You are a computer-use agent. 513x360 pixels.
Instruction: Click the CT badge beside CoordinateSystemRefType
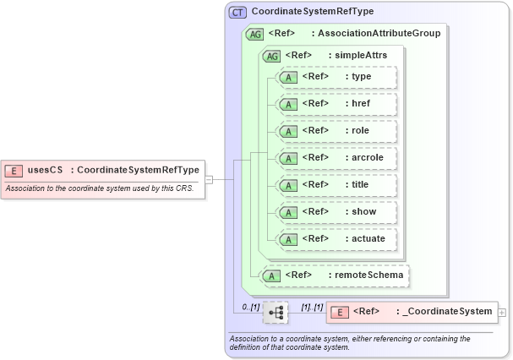tap(238, 12)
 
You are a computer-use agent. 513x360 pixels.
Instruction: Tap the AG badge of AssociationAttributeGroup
tap(254, 34)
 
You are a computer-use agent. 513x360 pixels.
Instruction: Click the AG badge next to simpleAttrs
tap(272, 56)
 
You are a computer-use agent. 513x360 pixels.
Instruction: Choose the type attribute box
tap(336, 77)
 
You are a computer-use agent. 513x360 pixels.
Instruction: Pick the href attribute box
tap(336, 104)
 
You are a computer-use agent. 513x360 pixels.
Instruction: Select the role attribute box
tap(336, 131)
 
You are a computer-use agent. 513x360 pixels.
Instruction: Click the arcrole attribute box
tap(336, 158)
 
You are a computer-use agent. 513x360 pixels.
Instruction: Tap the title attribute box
tap(336, 185)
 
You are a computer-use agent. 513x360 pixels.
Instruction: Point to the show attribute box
tap(336, 212)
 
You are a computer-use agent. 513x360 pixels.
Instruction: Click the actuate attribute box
tap(336, 239)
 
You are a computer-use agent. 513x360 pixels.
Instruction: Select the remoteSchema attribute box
tap(335, 275)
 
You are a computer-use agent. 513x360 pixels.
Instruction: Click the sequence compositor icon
tap(276, 312)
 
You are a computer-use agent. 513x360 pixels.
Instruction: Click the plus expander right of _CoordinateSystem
tap(503, 312)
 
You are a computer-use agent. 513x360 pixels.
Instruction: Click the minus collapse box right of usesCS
tap(208, 178)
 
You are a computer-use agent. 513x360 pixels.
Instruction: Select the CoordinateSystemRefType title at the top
tap(313, 12)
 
